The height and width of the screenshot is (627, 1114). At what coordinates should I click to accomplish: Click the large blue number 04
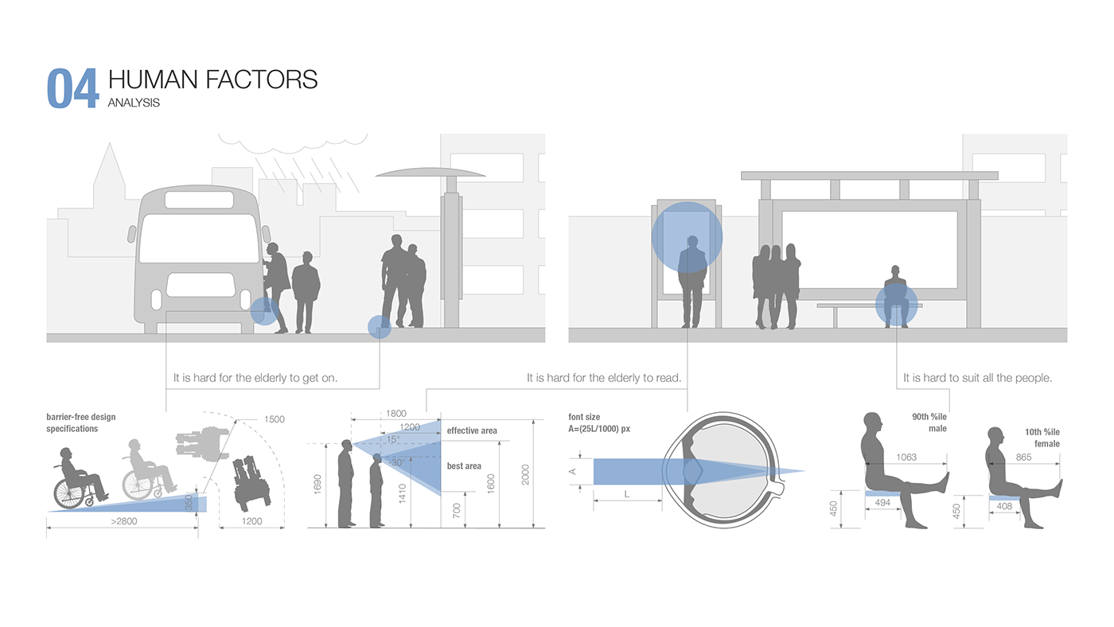(x=72, y=88)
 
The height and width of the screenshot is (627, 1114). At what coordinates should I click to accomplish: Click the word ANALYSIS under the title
(x=134, y=103)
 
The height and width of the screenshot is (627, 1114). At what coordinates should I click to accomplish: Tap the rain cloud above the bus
(x=293, y=142)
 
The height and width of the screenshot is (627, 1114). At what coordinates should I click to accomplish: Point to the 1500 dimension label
(x=274, y=419)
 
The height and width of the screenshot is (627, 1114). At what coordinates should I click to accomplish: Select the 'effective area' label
(x=472, y=430)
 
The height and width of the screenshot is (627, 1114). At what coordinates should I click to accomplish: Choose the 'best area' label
(x=464, y=466)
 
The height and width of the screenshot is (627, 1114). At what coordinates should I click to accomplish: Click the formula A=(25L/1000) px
(x=599, y=429)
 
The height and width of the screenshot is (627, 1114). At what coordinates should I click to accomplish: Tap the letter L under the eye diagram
(x=626, y=495)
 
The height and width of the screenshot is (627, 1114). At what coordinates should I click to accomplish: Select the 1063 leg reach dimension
(x=906, y=457)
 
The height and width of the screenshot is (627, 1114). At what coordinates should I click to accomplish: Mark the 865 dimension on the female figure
(x=1023, y=458)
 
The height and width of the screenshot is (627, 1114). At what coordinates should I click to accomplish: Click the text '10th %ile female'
(x=1042, y=438)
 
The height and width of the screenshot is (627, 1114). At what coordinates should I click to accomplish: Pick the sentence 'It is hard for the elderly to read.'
(x=604, y=378)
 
